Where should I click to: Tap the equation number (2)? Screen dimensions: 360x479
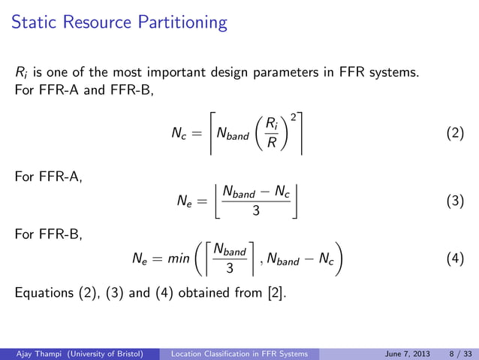[x=455, y=135]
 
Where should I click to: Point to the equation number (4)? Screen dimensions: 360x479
[x=455, y=260]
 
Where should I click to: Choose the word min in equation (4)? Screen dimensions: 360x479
[x=177, y=261]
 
